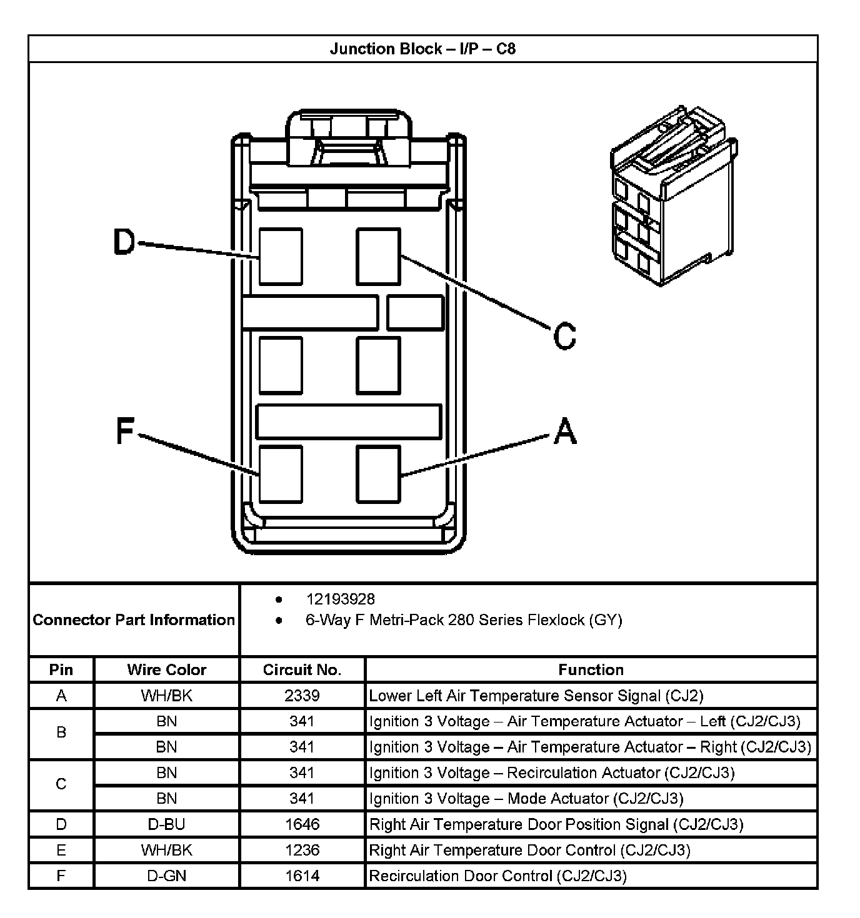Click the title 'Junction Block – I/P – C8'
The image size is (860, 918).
(x=422, y=49)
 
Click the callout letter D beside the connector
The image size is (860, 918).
(x=124, y=242)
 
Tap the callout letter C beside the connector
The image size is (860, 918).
(x=565, y=335)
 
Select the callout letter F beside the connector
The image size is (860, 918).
(x=126, y=431)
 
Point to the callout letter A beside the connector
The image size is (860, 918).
(x=565, y=431)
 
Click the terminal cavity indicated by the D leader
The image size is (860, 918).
(x=281, y=256)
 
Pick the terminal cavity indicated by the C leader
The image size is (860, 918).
(x=378, y=256)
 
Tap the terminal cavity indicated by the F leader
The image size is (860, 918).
(x=281, y=473)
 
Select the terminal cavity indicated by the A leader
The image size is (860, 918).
(x=378, y=473)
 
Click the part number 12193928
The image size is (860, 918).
(x=340, y=600)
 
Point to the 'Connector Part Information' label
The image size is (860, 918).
(x=134, y=619)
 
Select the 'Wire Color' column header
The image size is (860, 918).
(x=166, y=670)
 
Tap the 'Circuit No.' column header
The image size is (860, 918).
(x=302, y=670)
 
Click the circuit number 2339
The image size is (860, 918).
(x=302, y=696)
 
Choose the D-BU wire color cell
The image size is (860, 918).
(x=166, y=824)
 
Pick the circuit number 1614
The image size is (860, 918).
(x=302, y=876)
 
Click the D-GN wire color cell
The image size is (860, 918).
(x=166, y=876)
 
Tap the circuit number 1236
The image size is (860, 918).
(x=302, y=850)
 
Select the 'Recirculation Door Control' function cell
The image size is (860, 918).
(x=497, y=876)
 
